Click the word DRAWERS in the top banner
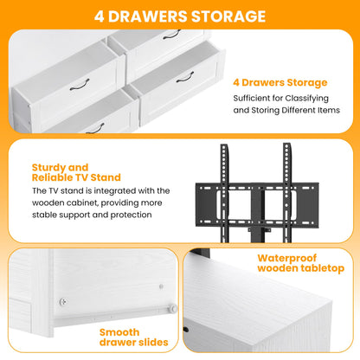(148, 16)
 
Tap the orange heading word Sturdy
(48, 168)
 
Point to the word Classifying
(307, 99)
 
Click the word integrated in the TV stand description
(115, 191)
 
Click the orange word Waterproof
(287, 258)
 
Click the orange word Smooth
(119, 332)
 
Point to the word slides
(153, 343)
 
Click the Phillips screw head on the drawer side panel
(63, 302)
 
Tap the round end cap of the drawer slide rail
(173, 309)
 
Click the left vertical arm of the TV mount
(225, 193)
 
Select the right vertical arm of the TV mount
(287, 193)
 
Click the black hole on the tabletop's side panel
(186, 330)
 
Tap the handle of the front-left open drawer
(80, 85)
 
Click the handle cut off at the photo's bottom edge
(95, 129)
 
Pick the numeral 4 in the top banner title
(100, 16)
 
